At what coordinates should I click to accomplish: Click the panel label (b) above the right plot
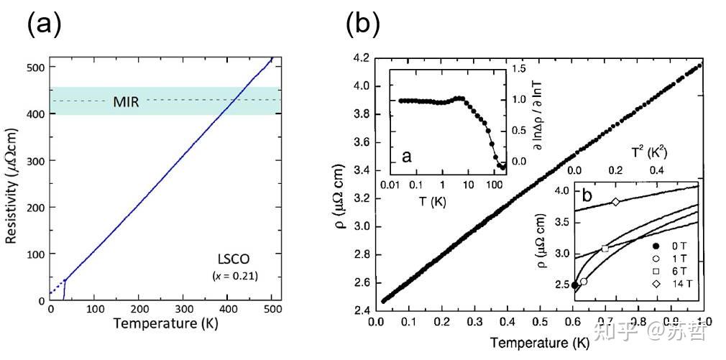tap(362, 25)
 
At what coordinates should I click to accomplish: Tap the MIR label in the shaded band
tap(127, 101)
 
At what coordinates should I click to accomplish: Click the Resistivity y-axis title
tap(12, 183)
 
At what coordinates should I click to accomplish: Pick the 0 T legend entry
tap(674, 246)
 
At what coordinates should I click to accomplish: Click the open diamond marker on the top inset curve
tap(615, 202)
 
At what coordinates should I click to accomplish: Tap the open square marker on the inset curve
tap(605, 249)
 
